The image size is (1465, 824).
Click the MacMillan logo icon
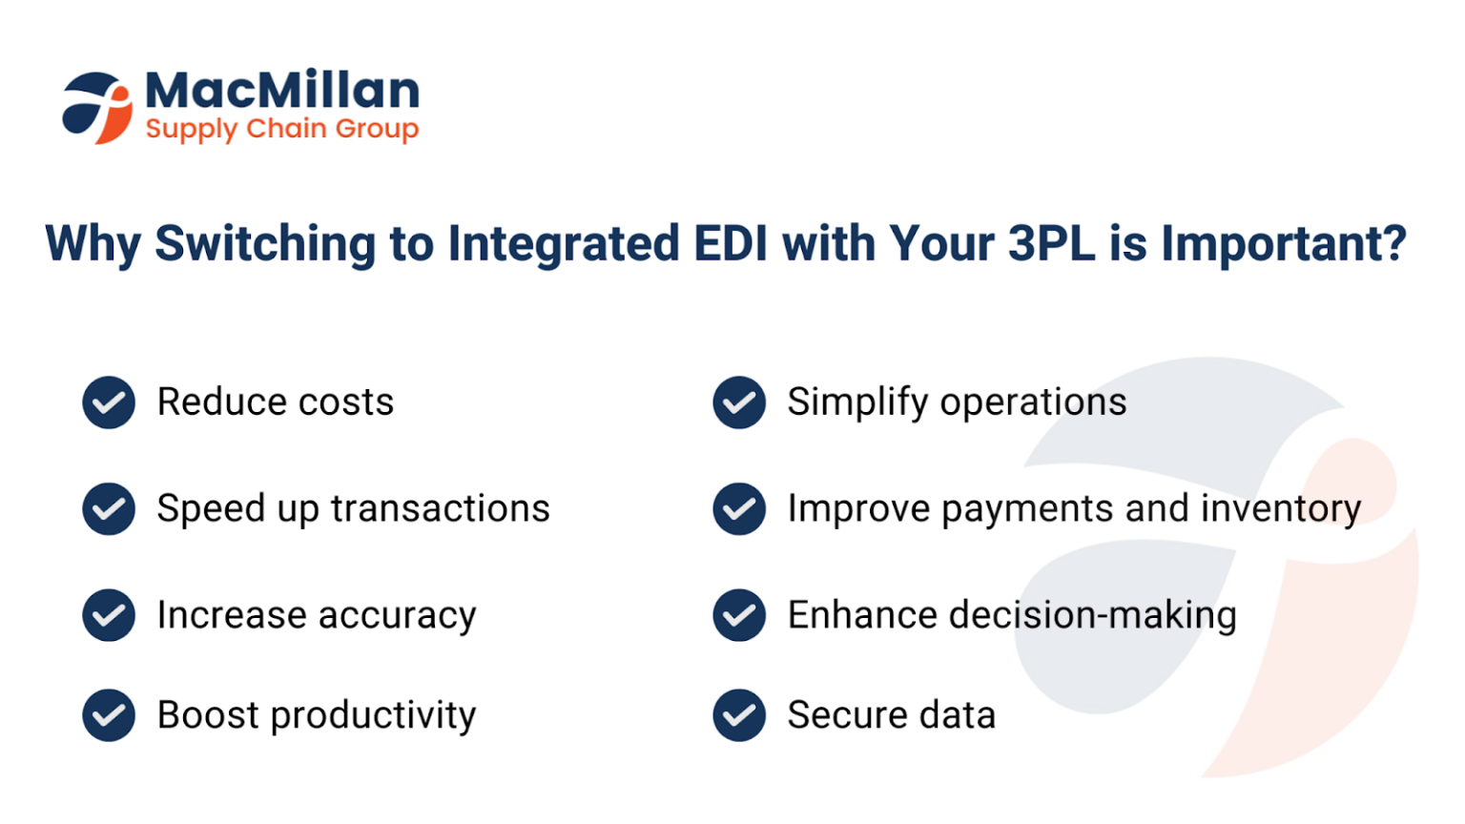pos(97,108)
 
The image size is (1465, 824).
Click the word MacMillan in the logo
pos(282,92)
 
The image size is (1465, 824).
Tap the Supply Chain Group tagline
pos(282,129)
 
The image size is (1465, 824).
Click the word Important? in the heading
pos(1283,244)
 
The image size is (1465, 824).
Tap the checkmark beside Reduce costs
pos(109,402)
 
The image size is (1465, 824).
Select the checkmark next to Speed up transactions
pos(109,508)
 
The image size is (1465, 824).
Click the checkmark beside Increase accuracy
pos(109,615)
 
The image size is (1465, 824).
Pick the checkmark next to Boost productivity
pos(109,715)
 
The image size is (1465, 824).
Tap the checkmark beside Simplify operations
pos(739,402)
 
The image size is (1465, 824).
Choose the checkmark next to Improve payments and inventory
pos(739,508)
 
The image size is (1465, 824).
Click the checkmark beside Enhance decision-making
pos(739,615)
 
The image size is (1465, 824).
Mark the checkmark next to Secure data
pos(739,715)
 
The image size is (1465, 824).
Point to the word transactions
pos(440,508)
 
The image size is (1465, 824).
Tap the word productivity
pos(373,716)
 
